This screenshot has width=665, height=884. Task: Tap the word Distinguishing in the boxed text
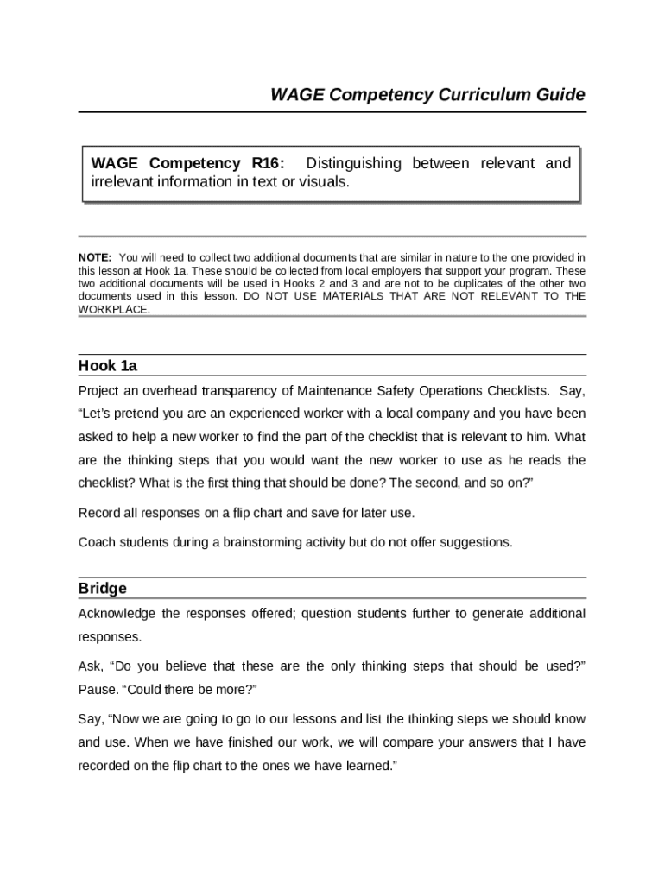click(x=354, y=163)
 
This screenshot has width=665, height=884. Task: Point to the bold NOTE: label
click(x=94, y=257)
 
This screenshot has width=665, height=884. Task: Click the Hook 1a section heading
click(x=108, y=366)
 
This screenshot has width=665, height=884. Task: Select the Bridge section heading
click(x=102, y=589)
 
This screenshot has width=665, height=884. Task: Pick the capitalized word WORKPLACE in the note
click(x=113, y=309)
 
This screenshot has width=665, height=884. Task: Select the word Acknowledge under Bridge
click(x=117, y=613)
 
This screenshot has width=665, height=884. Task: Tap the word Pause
click(x=97, y=690)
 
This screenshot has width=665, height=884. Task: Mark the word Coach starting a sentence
click(x=96, y=542)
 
